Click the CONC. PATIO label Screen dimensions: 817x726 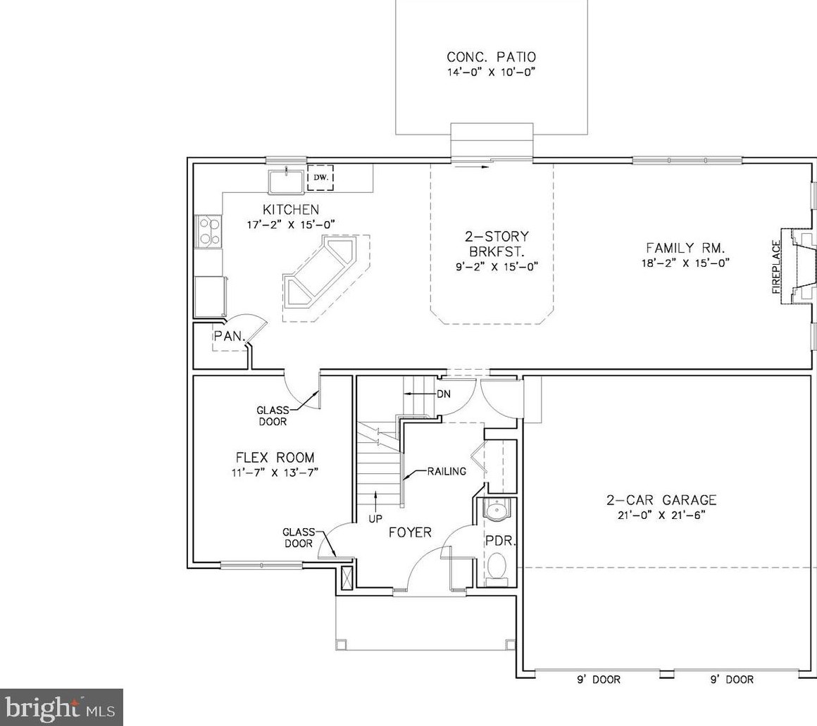(x=491, y=56)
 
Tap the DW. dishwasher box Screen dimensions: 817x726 (x=320, y=177)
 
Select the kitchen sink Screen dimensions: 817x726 (x=287, y=181)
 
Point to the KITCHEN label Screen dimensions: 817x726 (x=291, y=209)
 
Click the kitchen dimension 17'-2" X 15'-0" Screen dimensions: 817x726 (x=291, y=225)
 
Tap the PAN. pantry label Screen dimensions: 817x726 (x=230, y=337)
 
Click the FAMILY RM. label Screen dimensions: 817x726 (x=686, y=247)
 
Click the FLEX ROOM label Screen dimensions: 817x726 (x=275, y=457)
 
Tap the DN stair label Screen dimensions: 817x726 (x=444, y=394)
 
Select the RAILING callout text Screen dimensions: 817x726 (x=447, y=471)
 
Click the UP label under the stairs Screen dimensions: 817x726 (x=375, y=519)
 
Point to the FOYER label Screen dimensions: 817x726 (x=411, y=532)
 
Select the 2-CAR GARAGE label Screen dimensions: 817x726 (x=661, y=500)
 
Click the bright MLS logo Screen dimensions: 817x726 (x=61, y=707)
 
